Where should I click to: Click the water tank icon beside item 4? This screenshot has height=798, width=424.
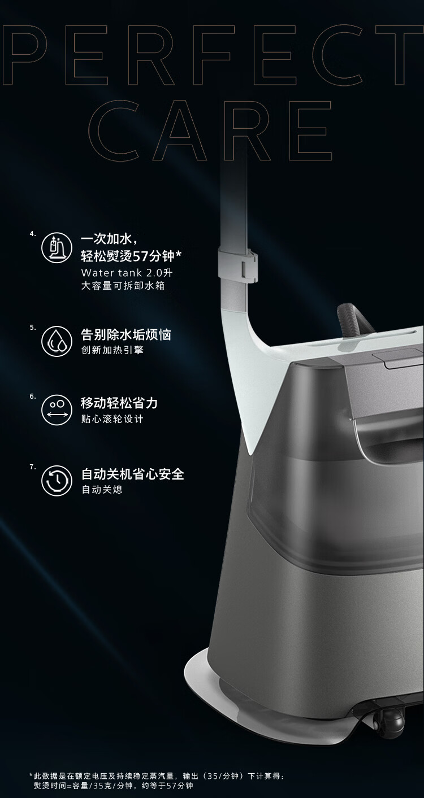57,247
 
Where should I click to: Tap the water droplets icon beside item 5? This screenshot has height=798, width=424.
57,341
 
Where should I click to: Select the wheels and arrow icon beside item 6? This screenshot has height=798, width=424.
57,409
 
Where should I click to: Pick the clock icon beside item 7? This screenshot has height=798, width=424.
57,481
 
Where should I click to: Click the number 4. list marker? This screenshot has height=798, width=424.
33,234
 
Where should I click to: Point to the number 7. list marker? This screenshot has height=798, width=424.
33,466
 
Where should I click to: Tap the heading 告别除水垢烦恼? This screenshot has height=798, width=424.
126,334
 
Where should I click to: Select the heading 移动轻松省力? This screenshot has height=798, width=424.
119,403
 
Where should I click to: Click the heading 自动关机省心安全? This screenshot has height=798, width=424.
133,474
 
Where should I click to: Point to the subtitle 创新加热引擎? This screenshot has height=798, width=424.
113,350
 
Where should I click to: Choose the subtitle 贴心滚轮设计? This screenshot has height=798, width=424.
113,419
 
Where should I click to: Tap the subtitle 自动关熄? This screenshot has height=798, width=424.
102,489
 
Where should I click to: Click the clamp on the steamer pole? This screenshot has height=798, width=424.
237,265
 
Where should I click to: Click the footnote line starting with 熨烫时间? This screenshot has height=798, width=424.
114,786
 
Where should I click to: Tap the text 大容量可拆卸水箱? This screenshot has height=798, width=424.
123,286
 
